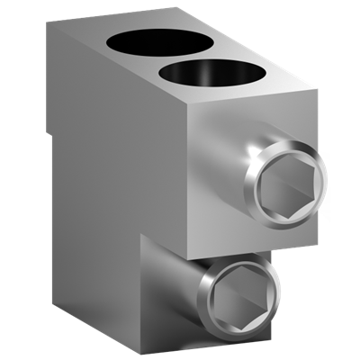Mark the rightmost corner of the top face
(318, 91)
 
